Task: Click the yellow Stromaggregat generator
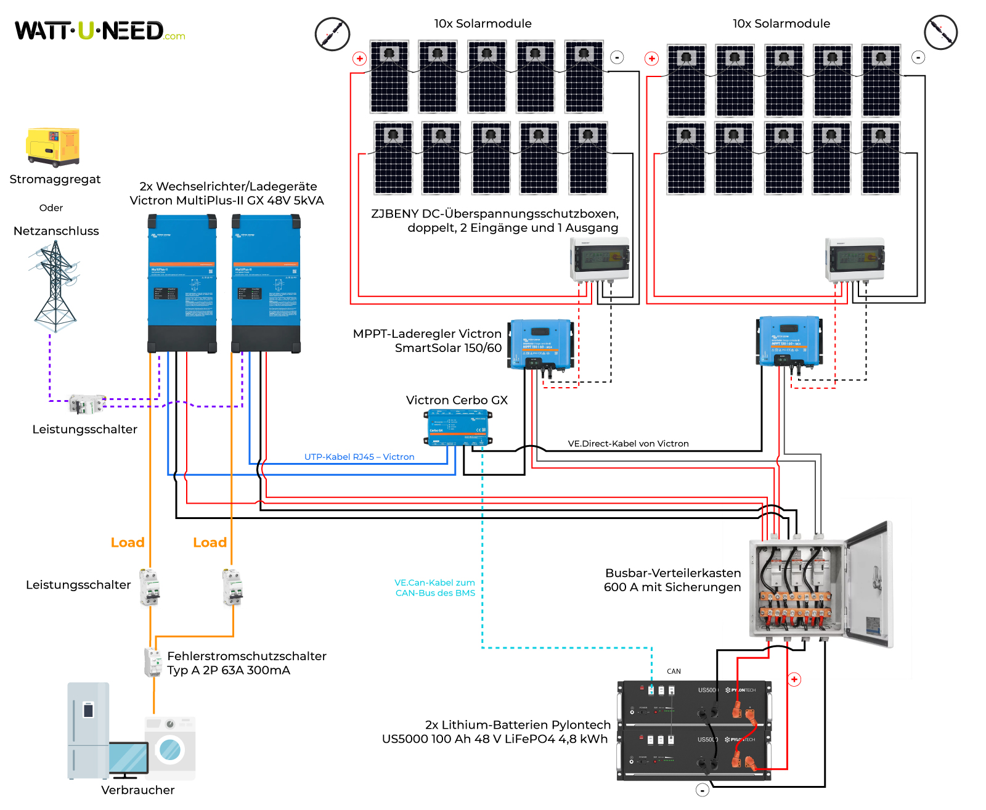point(53,147)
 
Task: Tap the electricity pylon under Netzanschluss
point(55,287)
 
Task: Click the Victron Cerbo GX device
point(458,427)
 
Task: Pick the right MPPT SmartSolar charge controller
point(789,341)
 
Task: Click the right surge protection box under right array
point(855,259)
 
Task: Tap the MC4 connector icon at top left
point(332,34)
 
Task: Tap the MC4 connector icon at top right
point(940,33)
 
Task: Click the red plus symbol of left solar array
point(360,59)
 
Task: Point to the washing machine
point(170,748)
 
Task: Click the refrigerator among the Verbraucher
point(88,730)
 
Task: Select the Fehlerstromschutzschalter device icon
point(152,663)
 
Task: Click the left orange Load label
point(128,542)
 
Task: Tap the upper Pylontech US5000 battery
point(693,702)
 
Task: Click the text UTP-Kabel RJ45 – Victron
point(359,457)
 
